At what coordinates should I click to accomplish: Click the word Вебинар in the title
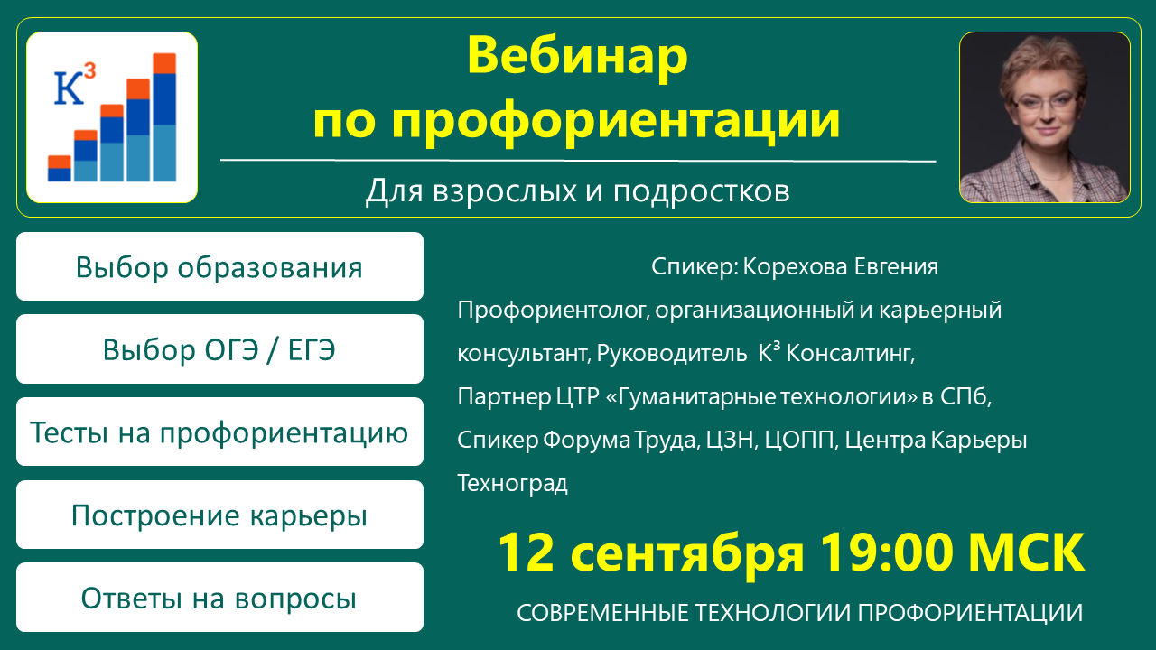[577, 56]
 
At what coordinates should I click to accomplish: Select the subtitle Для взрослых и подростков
[577, 191]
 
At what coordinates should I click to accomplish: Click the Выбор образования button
[219, 266]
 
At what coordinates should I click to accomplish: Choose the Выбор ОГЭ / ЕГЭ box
[219, 348]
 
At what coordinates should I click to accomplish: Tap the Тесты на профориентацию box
[219, 432]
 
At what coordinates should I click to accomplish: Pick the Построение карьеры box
[219, 515]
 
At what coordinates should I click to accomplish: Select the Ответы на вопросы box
[219, 598]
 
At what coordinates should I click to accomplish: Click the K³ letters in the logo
[75, 84]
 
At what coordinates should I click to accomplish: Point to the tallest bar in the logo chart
[164, 117]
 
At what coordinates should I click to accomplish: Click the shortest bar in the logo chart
[60, 168]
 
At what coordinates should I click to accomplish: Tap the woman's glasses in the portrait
[1045, 103]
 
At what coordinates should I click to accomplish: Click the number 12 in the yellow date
[526, 552]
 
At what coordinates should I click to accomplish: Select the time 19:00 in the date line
[886, 552]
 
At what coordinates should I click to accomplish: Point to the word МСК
[1026, 552]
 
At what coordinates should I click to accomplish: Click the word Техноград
[512, 483]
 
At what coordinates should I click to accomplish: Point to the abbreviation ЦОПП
[801, 441]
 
